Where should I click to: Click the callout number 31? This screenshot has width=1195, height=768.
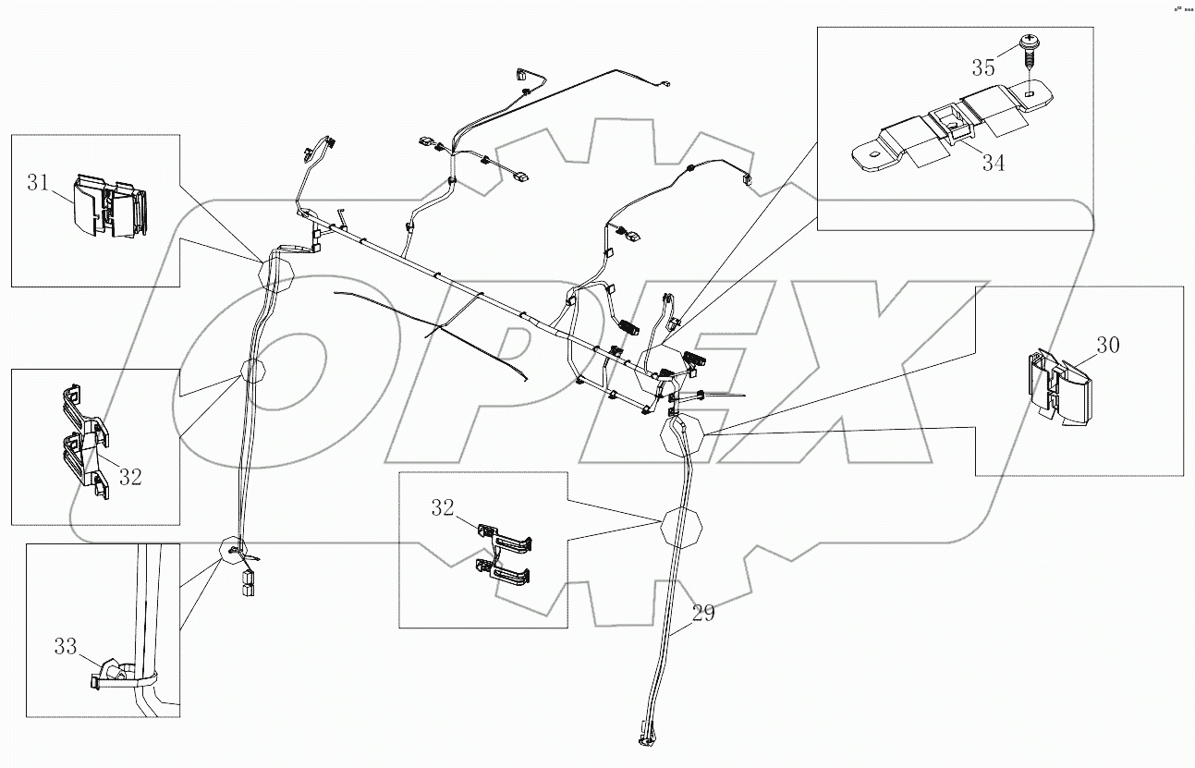[38, 183]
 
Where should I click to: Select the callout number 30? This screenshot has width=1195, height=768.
[1108, 346]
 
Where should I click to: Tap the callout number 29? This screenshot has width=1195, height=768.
[702, 613]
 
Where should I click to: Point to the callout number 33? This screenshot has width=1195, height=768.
[65, 648]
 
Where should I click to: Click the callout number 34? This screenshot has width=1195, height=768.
[993, 163]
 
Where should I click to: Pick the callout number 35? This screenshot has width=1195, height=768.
[983, 67]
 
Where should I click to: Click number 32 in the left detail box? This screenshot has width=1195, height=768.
[130, 477]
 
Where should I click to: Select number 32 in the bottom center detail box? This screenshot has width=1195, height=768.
[442, 506]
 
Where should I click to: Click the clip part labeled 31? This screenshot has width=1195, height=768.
[109, 209]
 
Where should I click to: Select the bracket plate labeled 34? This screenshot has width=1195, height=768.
[952, 137]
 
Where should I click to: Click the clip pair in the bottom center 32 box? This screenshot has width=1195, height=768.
[505, 555]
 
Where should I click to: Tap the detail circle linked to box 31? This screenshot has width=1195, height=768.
[274, 274]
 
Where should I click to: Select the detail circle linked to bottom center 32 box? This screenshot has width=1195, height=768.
[682, 528]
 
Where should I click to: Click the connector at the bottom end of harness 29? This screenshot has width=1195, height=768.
[644, 738]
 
